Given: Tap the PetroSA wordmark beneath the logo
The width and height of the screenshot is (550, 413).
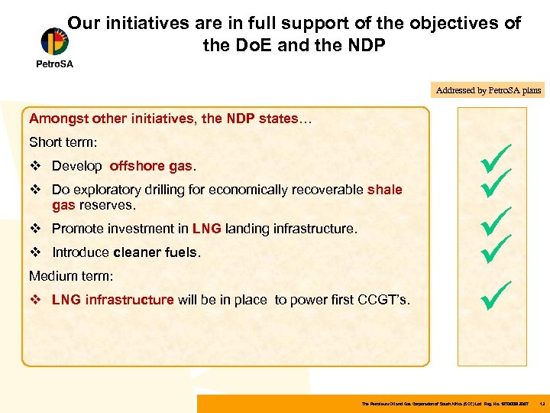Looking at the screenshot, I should [x=54, y=64].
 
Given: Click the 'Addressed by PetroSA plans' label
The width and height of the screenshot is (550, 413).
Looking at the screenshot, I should [x=488, y=90].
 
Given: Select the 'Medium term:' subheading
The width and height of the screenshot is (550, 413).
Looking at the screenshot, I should [x=67, y=275].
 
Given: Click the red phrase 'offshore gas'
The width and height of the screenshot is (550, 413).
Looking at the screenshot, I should [x=151, y=166].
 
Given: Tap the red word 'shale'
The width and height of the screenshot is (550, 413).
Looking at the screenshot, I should [x=384, y=190].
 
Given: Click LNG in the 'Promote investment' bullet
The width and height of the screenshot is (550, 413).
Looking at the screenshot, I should [x=206, y=229].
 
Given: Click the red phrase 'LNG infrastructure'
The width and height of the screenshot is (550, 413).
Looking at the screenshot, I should [x=112, y=300].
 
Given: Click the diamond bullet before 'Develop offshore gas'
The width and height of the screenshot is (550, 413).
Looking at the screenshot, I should [x=34, y=166].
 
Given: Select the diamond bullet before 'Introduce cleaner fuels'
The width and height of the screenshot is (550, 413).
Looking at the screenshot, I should [x=34, y=252].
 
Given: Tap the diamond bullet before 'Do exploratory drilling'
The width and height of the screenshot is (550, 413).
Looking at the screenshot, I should [x=34, y=190].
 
